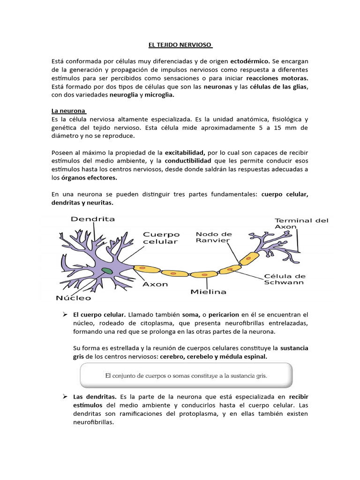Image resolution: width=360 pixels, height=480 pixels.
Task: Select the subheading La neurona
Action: point(68,111)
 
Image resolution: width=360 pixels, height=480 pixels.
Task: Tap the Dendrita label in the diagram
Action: point(93,218)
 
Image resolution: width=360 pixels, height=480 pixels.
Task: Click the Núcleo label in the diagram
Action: point(74,297)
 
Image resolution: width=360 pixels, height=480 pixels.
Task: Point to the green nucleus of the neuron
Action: point(107,270)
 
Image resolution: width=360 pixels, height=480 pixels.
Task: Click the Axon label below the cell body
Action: point(155,284)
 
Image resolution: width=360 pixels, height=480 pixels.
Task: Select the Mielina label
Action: point(208,292)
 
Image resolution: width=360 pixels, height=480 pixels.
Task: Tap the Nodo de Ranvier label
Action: point(213,237)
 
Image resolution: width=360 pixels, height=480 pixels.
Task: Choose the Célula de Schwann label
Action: point(285,279)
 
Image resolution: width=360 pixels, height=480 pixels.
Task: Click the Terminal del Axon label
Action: point(301,223)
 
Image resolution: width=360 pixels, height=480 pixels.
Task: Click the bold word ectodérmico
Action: point(250,61)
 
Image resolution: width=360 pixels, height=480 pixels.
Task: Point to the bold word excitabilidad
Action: point(185,153)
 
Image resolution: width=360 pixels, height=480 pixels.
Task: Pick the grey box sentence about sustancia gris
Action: point(186,375)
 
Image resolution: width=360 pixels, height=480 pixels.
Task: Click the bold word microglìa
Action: point(159,95)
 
